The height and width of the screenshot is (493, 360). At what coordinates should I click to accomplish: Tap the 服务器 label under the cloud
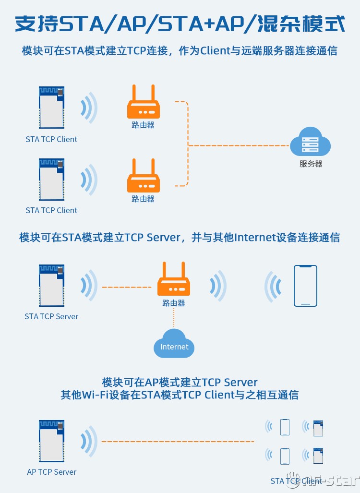tap(311, 164)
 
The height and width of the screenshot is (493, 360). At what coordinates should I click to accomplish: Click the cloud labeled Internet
tap(174, 344)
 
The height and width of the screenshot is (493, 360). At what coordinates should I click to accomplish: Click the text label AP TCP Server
tap(52, 472)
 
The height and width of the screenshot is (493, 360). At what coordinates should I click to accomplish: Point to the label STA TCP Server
tap(51, 316)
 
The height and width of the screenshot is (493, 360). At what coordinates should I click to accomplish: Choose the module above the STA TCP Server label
tap(51, 285)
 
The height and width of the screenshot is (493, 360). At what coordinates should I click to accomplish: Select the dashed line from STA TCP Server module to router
tap(126, 287)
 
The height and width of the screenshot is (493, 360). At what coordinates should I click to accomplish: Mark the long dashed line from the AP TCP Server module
tap(178, 441)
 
